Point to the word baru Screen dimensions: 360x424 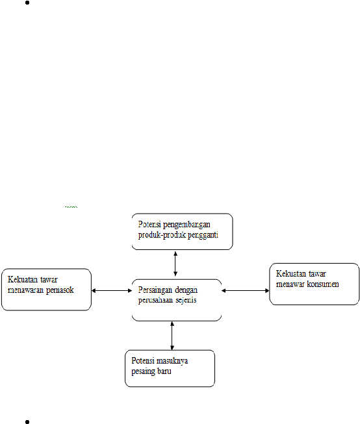click(x=164, y=371)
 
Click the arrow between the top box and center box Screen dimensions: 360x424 click(x=175, y=264)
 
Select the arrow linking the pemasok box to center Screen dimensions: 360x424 click(x=112, y=291)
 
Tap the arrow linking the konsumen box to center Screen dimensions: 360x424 click(x=246, y=291)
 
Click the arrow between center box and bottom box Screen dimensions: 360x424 click(x=172, y=336)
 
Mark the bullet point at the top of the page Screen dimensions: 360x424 click(x=27, y=3)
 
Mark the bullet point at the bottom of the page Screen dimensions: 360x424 click(x=27, y=421)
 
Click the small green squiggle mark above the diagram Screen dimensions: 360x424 click(x=71, y=207)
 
